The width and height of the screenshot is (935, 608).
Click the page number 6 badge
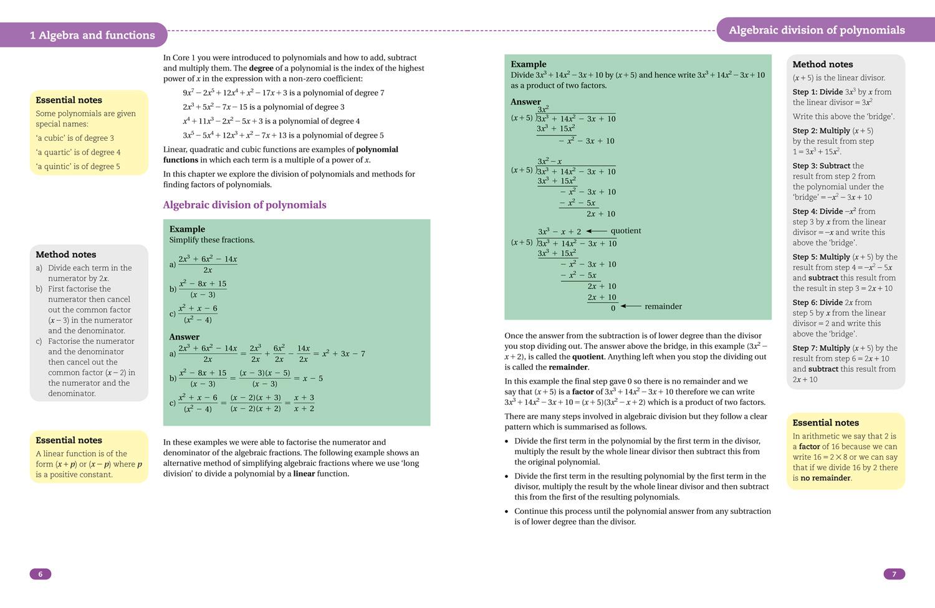point(41,574)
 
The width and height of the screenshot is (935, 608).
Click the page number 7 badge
point(894,574)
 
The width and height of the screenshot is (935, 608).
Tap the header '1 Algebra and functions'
point(92,36)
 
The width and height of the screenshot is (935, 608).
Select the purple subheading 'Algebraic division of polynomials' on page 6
point(244,205)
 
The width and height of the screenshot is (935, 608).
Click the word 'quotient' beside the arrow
point(625,230)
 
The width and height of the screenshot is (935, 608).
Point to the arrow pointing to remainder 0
point(631,306)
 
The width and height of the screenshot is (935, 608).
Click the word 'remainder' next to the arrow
point(663,306)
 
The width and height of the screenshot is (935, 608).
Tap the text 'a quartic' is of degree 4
point(78,152)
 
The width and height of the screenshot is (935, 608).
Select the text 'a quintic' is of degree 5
point(78,166)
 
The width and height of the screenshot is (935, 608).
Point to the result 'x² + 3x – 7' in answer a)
point(343,354)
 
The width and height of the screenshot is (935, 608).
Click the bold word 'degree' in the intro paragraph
point(261,68)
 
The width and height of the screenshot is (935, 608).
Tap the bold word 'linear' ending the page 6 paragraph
point(304,473)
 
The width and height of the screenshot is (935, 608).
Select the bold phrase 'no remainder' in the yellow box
point(825,478)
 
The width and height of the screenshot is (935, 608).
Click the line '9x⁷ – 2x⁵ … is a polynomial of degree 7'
point(283,93)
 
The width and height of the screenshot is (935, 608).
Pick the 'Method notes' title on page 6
point(65,254)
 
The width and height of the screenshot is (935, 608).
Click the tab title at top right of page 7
point(816,30)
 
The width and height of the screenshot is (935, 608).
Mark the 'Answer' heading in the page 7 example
point(525,102)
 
